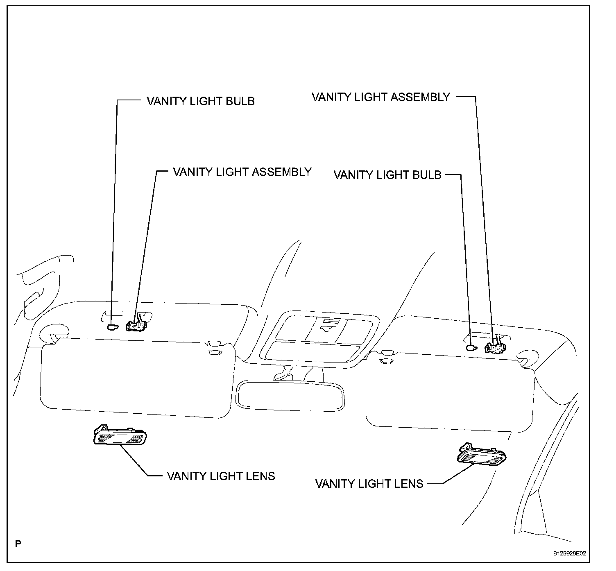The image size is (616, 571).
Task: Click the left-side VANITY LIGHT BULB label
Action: click(201, 101)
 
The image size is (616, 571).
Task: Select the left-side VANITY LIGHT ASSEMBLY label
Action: click(242, 172)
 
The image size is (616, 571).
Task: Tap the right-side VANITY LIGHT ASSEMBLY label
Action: click(381, 97)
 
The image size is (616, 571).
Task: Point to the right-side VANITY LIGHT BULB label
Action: click(387, 175)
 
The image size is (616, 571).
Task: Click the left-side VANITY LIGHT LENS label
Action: click(221, 476)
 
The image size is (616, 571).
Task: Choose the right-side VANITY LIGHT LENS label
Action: click(369, 484)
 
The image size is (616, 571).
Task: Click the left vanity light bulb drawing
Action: click(112, 327)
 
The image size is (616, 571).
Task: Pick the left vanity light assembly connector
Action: click(136, 326)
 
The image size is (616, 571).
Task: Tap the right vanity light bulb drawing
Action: click(471, 348)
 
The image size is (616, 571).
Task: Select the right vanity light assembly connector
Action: click(495, 347)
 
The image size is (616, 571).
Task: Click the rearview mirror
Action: click(290, 395)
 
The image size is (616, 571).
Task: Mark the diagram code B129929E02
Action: click(570, 553)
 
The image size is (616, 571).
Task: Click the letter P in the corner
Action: click(18, 544)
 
